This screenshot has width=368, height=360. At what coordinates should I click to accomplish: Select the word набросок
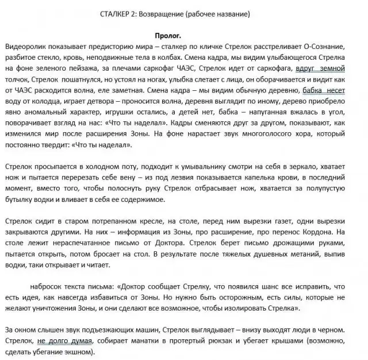(52, 286)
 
